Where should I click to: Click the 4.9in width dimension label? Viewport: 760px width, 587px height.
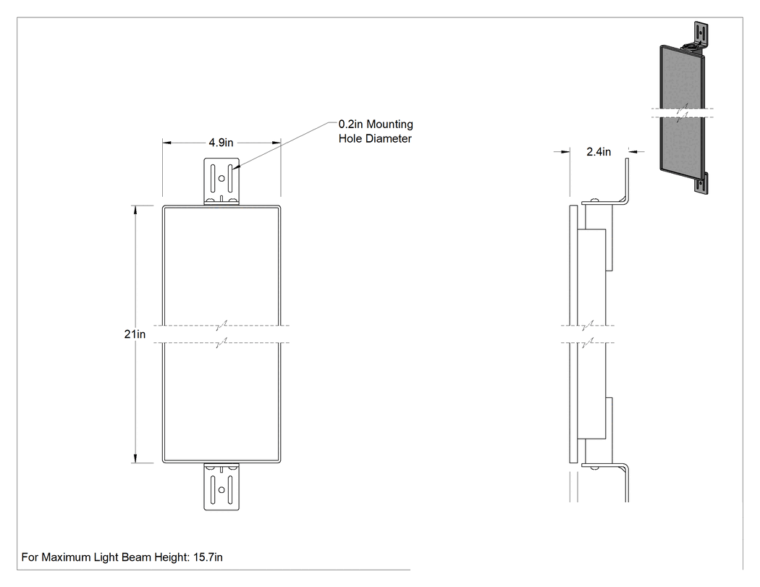(x=221, y=143)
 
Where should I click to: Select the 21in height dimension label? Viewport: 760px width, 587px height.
(x=135, y=334)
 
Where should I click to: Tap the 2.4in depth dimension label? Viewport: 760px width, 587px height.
(x=599, y=152)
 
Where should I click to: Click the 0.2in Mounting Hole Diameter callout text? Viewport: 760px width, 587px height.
(x=376, y=131)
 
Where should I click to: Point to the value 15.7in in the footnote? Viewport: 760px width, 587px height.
(x=208, y=557)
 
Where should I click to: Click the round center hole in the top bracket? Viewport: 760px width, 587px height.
(x=221, y=178)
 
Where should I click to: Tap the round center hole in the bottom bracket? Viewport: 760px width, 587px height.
(x=221, y=489)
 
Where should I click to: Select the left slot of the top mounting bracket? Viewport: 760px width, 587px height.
(x=213, y=178)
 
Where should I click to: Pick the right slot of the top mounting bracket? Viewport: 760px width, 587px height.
(x=230, y=178)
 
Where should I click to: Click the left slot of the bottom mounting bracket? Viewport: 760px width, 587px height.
(x=213, y=489)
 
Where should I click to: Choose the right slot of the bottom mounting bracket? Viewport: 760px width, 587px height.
(x=230, y=489)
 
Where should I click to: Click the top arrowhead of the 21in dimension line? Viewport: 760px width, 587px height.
(x=135, y=209)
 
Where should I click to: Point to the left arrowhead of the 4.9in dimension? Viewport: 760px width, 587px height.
(x=166, y=143)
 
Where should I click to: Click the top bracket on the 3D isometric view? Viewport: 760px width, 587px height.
(x=698, y=36)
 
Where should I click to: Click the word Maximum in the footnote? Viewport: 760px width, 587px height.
(x=65, y=557)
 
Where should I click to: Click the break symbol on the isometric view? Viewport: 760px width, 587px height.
(x=682, y=112)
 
